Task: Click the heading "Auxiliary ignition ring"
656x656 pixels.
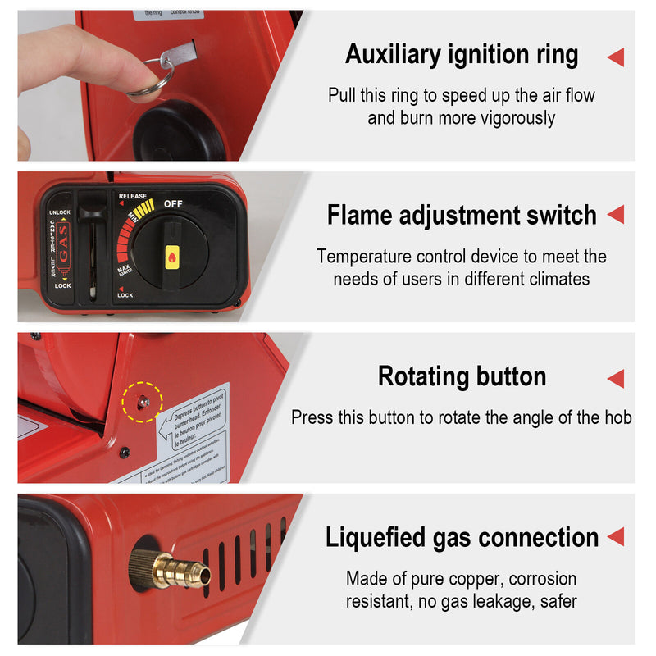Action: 462,55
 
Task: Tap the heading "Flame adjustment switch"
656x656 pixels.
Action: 462,216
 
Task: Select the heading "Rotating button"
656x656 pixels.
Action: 462,376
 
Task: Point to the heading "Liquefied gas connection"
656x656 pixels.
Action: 462,538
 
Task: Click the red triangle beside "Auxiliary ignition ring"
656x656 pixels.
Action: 615,57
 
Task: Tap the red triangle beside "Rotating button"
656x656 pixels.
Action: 615,378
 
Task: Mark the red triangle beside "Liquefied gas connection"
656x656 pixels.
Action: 615,538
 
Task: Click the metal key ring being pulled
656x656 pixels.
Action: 148,77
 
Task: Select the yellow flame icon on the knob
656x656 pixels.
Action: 172,257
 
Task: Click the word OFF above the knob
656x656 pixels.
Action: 173,203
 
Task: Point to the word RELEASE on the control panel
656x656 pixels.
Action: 132,197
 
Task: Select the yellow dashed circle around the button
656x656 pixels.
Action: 142,401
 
